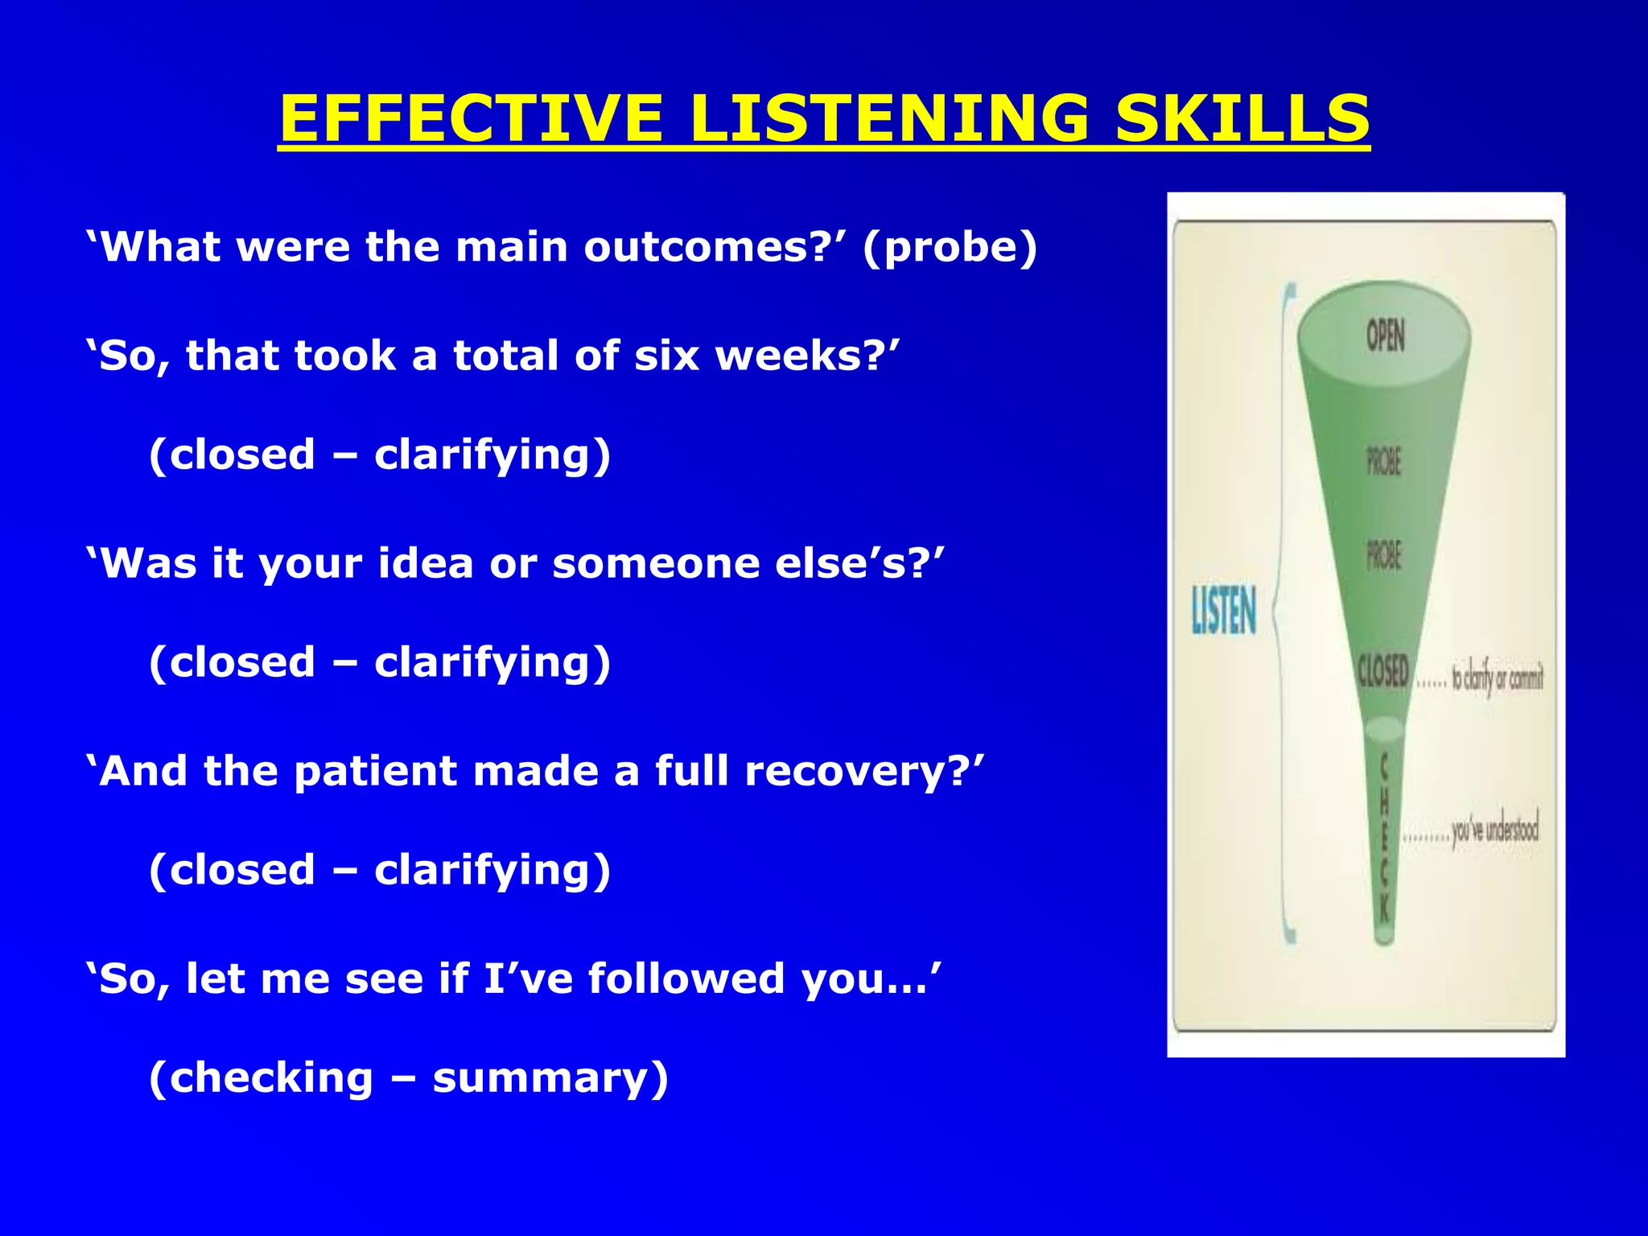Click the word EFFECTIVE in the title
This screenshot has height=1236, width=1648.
click(x=472, y=119)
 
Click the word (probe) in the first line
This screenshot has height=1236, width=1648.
click(x=950, y=248)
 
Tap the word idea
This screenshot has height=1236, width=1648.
click(x=426, y=563)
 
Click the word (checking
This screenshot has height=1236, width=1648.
click(x=262, y=1079)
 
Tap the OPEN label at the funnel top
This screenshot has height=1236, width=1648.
click(x=1385, y=336)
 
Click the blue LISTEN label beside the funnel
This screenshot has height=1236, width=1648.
click(x=1223, y=610)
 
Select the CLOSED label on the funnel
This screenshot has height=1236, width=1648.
click(x=1382, y=670)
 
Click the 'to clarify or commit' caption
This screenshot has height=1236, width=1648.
click(x=1497, y=678)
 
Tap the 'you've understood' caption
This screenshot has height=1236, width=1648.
click(x=1495, y=831)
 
